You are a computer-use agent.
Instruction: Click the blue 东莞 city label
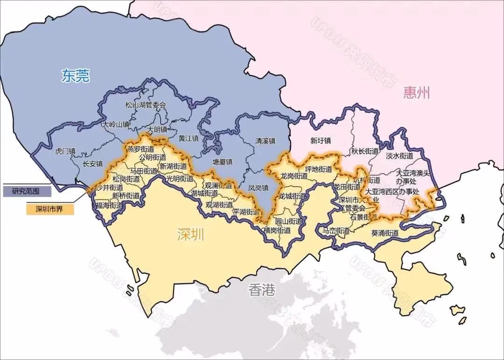click(75, 76)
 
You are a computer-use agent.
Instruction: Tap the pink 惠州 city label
click(417, 92)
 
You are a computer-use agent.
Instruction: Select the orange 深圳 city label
click(190, 235)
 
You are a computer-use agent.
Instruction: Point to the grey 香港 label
click(262, 290)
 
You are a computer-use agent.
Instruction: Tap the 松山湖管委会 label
click(146, 105)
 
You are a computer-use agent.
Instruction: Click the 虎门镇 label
click(65, 151)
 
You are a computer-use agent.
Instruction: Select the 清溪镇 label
click(265, 141)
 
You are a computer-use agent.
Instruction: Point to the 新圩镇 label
click(321, 141)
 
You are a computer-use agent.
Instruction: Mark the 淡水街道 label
click(399, 155)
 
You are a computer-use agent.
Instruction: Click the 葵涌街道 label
click(385, 233)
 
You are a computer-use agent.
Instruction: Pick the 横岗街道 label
click(277, 230)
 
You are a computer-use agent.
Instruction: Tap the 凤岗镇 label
click(258, 188)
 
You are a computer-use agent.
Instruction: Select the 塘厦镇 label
click(223, 162)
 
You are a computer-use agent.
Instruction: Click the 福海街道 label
click(110, 205)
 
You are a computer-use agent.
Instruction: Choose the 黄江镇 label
click(189, 138)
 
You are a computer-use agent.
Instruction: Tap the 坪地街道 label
click(318, 169)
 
